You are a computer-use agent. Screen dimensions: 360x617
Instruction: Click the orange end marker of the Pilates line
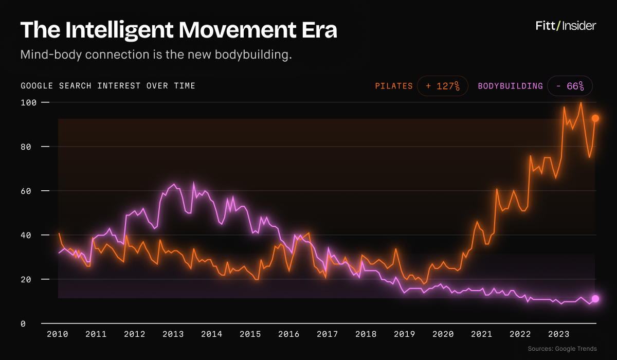[595, 118]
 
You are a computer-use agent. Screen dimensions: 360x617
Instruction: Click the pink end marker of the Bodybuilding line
[595, 299]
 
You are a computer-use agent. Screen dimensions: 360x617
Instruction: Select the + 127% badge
[443, 86]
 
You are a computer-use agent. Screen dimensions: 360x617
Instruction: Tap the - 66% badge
[570, 86]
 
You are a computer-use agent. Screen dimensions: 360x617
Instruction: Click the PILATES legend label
[394, 86]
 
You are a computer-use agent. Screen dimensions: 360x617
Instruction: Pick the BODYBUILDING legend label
[510, 86]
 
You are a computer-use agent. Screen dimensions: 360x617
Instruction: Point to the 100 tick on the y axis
[29, 103]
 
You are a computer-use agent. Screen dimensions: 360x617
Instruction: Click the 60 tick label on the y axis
[26, 191]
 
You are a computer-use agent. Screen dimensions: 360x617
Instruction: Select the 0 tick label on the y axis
[23, 323]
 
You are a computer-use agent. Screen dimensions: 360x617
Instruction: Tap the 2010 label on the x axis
[57, 334]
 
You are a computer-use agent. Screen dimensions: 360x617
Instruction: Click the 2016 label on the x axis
[288, 334]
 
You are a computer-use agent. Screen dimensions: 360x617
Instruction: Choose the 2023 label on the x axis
[558, 334]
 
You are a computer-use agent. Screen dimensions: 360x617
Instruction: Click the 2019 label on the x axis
[404, 334]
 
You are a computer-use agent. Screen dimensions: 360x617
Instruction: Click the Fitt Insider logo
[566, 26]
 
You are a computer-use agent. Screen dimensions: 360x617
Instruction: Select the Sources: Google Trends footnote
[562, 349]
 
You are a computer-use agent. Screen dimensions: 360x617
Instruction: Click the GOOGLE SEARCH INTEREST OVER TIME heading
[108, 86]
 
